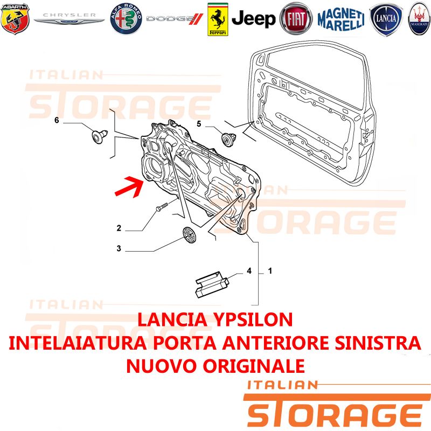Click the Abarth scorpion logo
[15, 19]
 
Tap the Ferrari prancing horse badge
[218, 19]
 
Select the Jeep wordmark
[253, 19]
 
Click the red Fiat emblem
[296, 19]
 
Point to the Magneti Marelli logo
[341, 19]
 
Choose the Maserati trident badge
[420, 19]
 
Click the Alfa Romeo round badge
[126, 19]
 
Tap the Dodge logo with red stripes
[175, 19]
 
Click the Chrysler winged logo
[69, 19]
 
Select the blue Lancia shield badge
[386, 19]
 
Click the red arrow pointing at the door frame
[129, 187]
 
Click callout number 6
[57, 120]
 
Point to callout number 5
[199, 124]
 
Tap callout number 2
[119, 228]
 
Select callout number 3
[119, 248]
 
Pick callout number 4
[249, 271]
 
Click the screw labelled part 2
[162, 207]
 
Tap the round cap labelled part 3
[190, 235]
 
